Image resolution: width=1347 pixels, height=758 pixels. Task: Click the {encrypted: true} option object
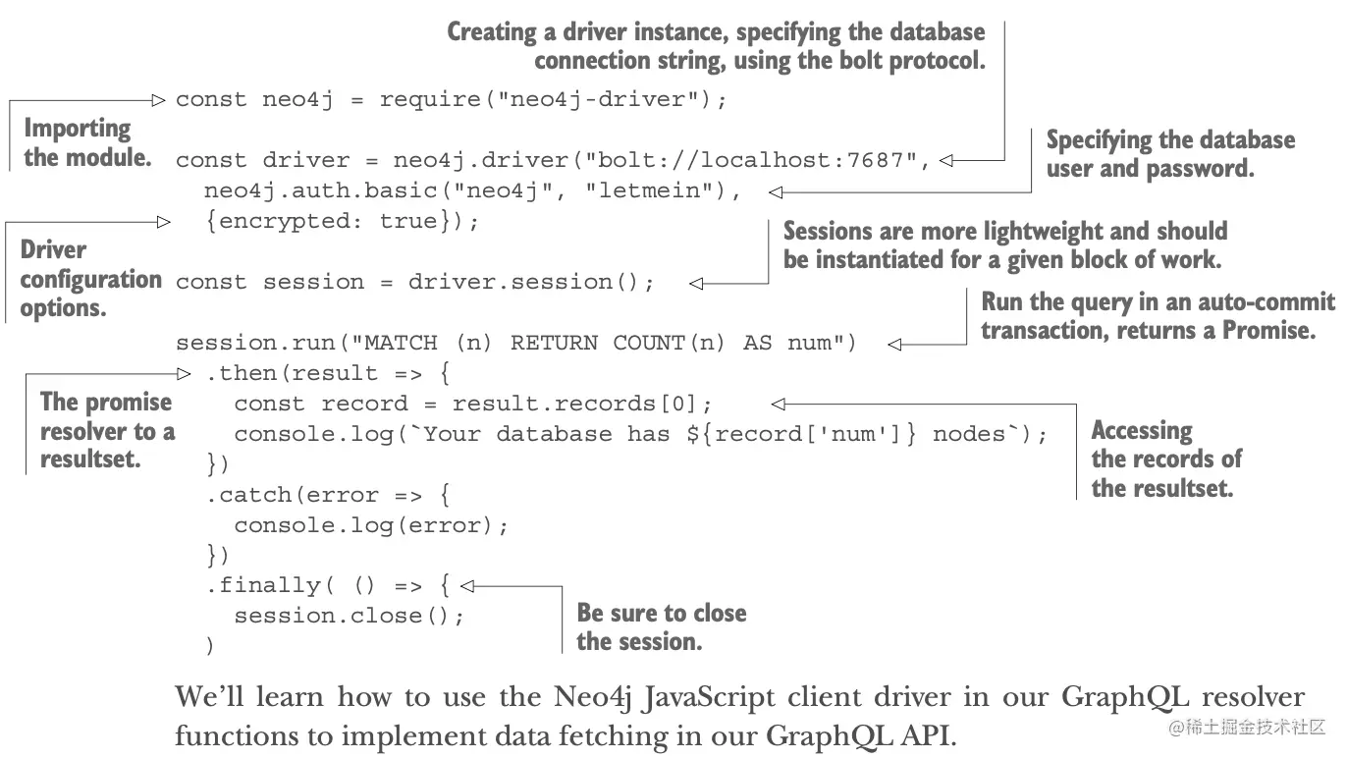coord(335,221)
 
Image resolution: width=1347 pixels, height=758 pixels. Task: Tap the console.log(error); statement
coord(371,525)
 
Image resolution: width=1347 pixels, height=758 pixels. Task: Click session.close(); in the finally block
coord(349,616)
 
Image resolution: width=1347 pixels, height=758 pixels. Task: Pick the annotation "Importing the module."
coord(86,142)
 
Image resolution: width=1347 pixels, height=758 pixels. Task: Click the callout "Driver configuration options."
coord(89,279)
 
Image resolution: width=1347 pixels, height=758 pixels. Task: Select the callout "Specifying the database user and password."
coord(1169,154)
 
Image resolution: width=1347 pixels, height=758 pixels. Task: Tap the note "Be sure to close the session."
coord(661,627)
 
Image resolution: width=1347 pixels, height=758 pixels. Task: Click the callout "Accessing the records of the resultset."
coord(1165,459)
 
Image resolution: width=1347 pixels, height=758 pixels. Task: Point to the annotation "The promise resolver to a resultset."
coord(106,430)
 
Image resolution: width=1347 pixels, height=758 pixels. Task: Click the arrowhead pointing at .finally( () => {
coord(467,586)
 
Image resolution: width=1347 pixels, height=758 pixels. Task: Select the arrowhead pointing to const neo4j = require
coord(160,99)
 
